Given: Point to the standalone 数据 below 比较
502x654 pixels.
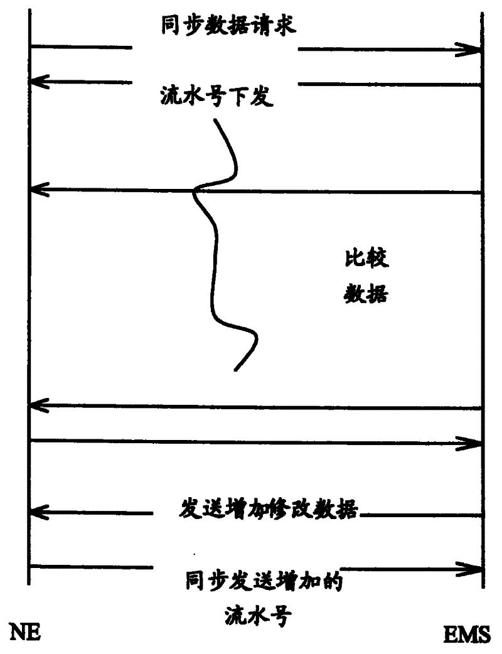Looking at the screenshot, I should pyautogui.click(x=366, y=294).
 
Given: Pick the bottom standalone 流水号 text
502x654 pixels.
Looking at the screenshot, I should pyautogui.click(x=257, y=614).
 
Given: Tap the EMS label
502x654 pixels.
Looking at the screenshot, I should pyautogui.click(x=467, y=636).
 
